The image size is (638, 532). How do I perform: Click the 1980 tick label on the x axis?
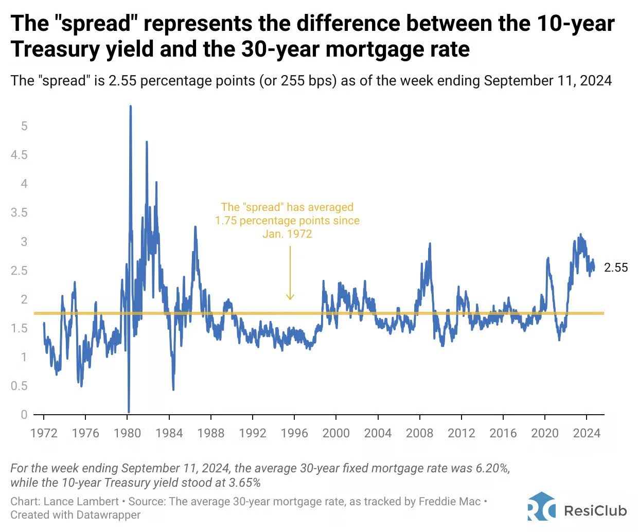[x=127, y=433]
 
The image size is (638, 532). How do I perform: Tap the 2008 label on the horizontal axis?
[x=419, y=433]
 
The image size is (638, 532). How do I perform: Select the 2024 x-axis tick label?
[x=587, y=433]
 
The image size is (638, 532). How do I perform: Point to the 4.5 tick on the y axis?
[x=19, y=155]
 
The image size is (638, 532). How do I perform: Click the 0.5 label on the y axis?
[x=19, y=386]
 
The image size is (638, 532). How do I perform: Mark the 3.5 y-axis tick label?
[x=19, y=212]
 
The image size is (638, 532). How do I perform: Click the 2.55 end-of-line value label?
[x=616, y=268]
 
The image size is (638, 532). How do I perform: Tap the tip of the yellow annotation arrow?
[x=290, y=299]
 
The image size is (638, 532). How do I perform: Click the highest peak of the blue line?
[x=130, y=107]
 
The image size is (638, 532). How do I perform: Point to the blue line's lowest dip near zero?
[x=129, y=411]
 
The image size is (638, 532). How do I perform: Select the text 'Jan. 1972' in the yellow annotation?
[x=287, y=234]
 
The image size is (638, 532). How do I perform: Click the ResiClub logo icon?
[x=541, y=506]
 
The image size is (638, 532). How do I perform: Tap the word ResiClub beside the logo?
[x=595, y=510]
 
